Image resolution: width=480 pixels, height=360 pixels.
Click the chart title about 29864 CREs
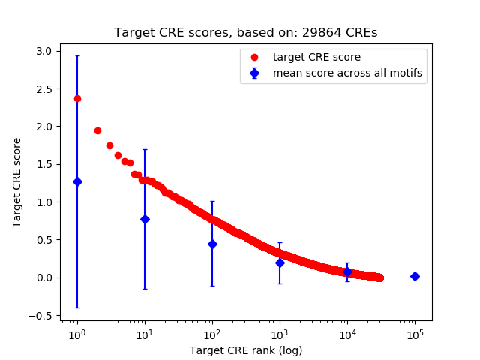coord(245,33)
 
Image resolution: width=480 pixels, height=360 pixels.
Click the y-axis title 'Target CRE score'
coord(17,183)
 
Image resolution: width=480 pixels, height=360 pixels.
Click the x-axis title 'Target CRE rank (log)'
coord(245,349)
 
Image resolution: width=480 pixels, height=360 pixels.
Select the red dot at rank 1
coord(77,98)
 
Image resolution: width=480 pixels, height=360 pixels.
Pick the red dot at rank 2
coord(97,130)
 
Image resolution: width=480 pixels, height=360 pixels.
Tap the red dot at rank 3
coord(109,145)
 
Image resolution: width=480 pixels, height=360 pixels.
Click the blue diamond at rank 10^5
coord(415,276)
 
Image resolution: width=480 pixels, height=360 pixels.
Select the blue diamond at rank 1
coord(77,181)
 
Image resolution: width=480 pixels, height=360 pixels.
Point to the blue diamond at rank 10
coord(145,219)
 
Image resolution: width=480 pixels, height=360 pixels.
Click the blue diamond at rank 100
coord(212,244)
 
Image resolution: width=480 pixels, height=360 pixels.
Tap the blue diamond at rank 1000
coord(280,262)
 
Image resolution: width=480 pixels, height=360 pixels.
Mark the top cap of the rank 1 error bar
coord(77,55)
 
